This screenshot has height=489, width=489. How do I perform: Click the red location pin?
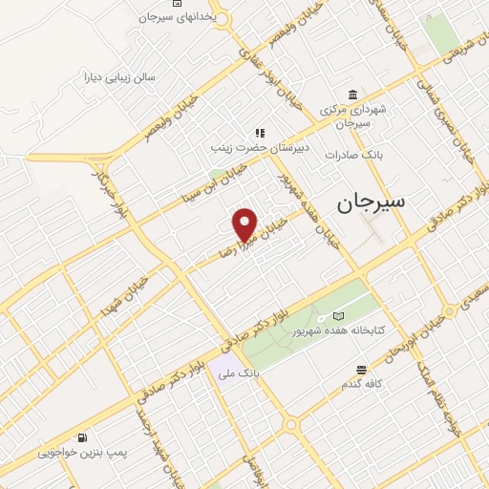tap(246, 223)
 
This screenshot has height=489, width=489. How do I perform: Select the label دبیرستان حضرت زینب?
tap(257, 149)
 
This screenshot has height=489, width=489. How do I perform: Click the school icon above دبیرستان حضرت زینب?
tap(258, 134)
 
